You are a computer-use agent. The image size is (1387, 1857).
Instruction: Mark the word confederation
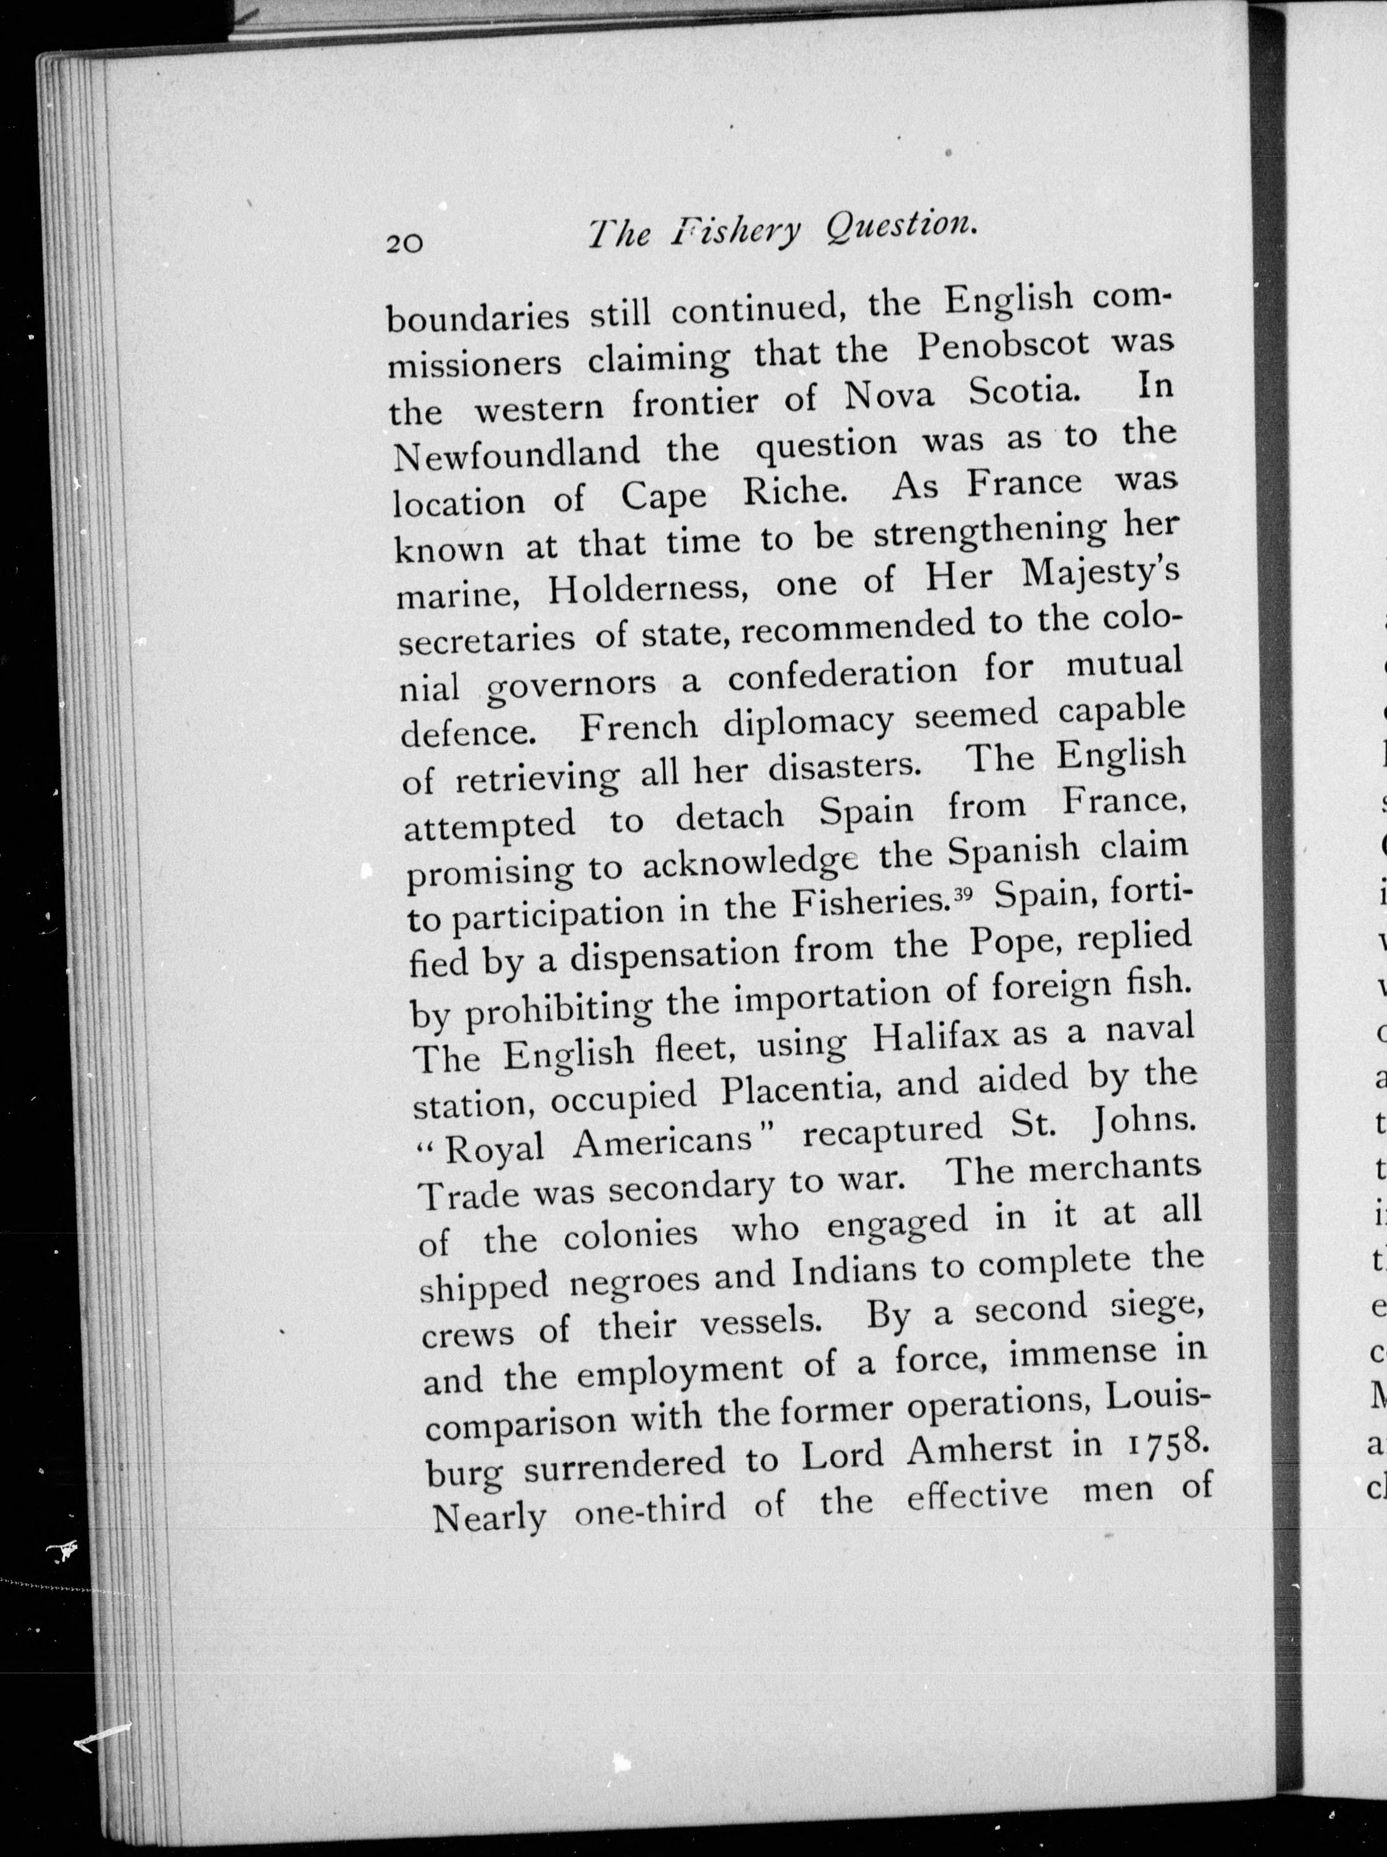coord(842,674)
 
